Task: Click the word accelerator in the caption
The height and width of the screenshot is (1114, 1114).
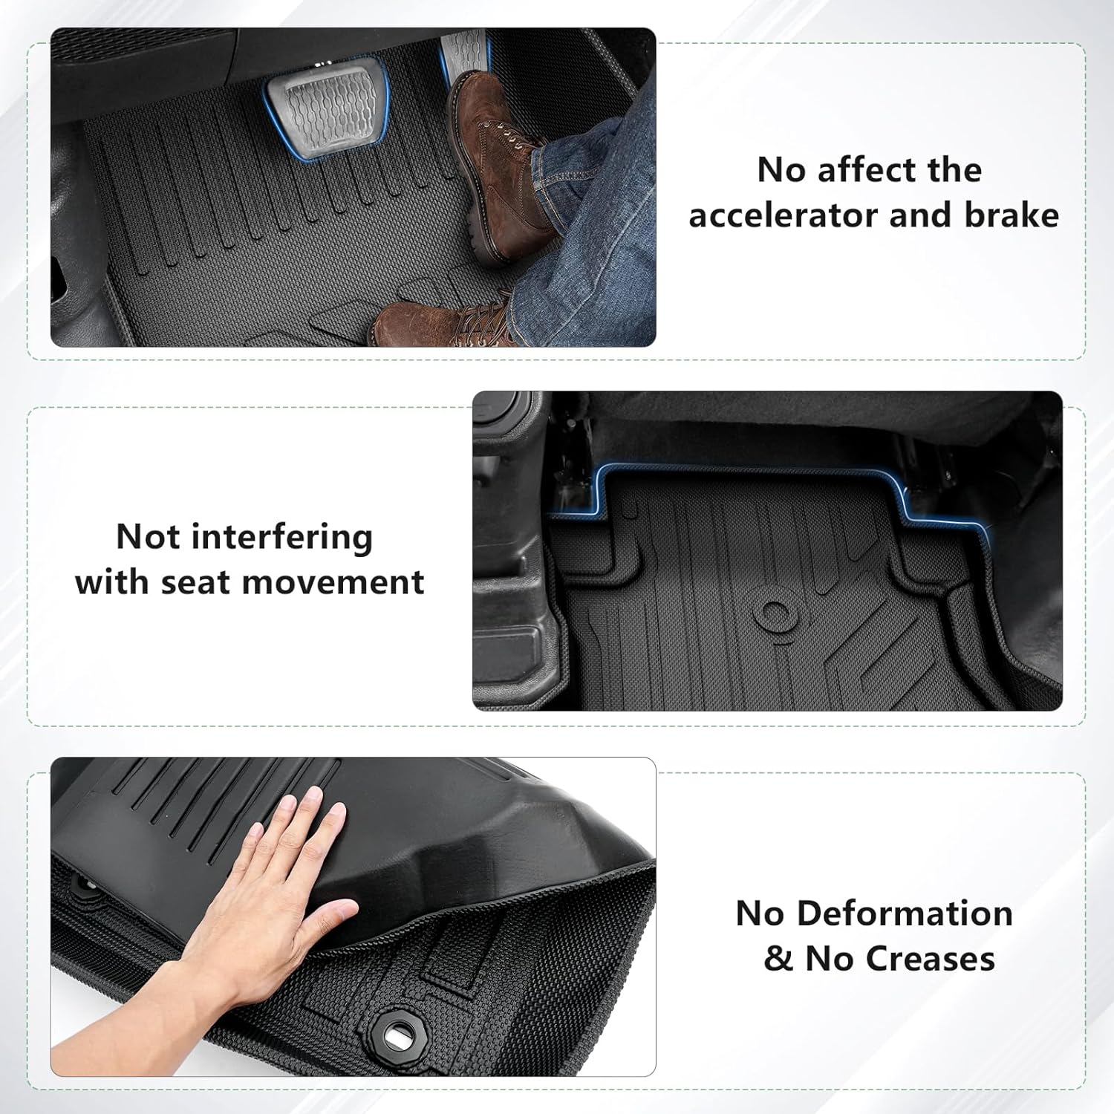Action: [x=784, y=215]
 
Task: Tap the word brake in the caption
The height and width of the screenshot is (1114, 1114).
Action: [x=1012, y=215]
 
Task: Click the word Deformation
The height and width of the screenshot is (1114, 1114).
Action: [x=905, y=913]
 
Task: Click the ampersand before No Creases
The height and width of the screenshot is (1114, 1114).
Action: [x=778, y=959]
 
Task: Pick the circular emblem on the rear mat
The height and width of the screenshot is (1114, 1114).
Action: [x=774, y=613]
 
